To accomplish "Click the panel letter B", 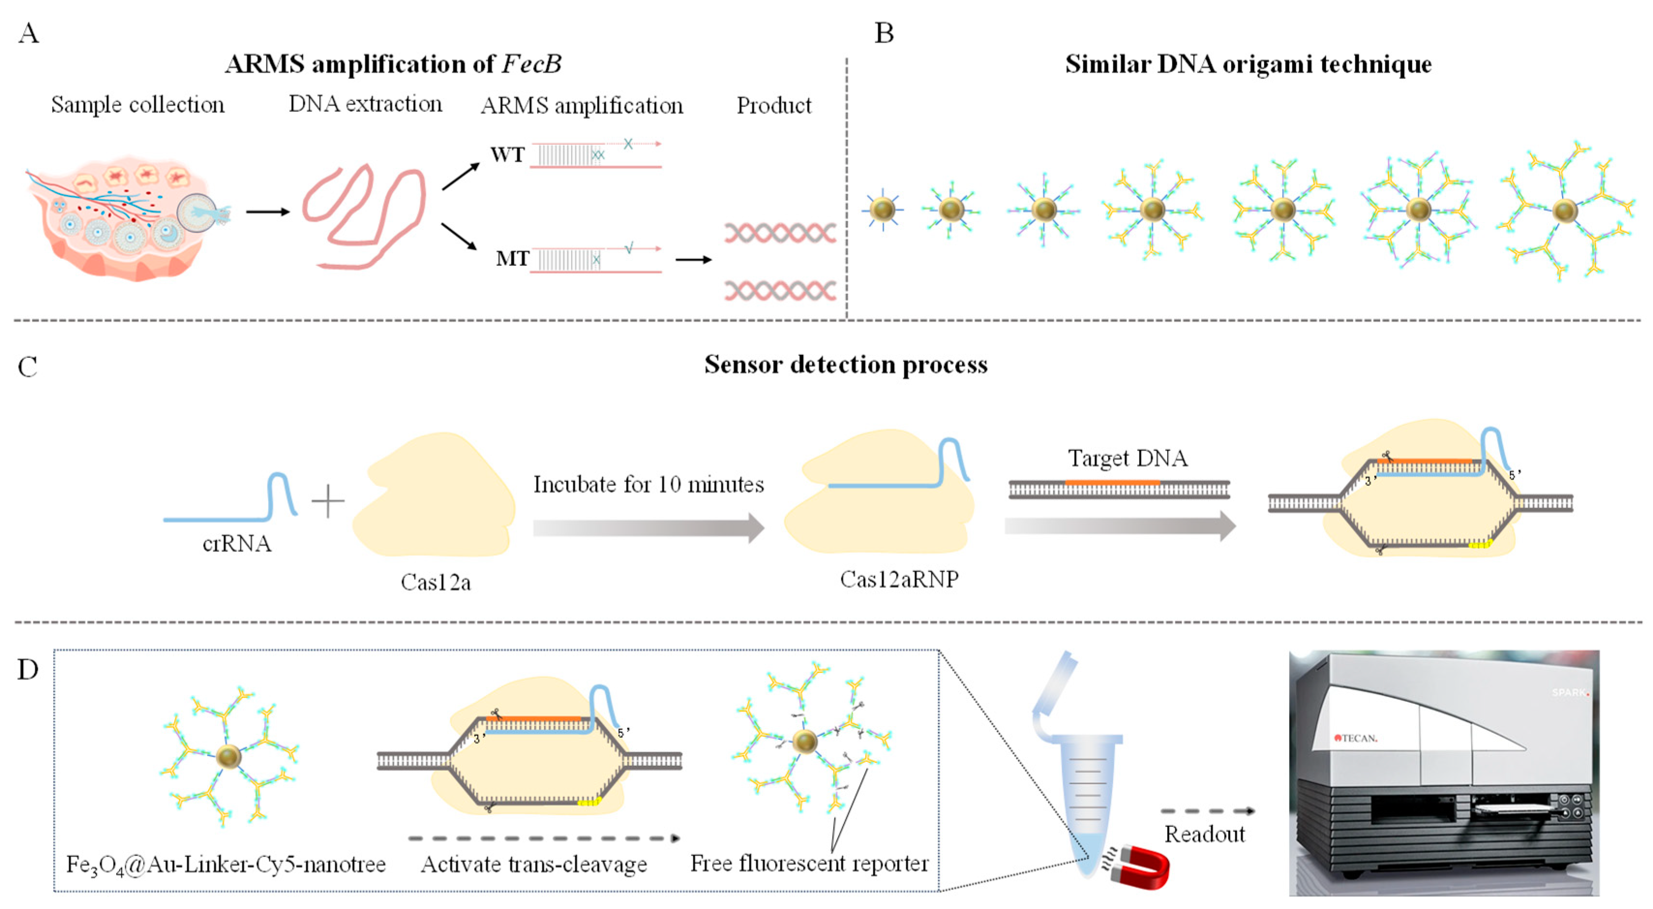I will coord(884,33).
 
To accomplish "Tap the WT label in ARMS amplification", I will coord(507,155).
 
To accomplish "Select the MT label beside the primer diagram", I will coord(511,258).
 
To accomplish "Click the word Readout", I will coord(1205,834).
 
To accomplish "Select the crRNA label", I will coord(237,544).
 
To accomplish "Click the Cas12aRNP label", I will coord(899,579).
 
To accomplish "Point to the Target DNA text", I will coord(1128,458).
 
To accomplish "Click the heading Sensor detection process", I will coord(845,364).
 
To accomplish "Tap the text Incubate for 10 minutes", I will coord(648,484).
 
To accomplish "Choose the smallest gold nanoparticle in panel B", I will coord(883,209).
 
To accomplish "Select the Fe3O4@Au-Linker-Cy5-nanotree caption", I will coord(226,864).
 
